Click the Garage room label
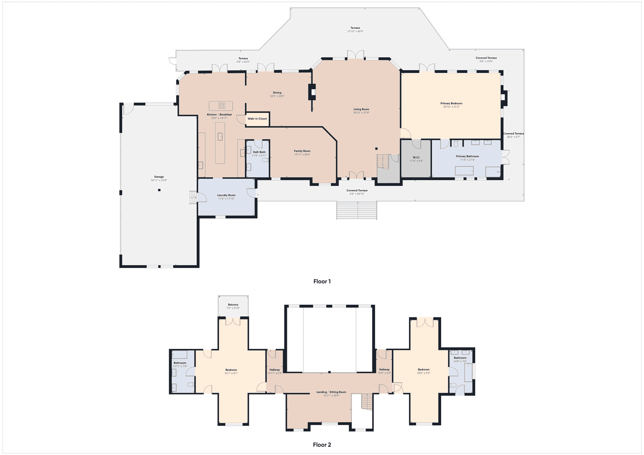click(x=159, y=177)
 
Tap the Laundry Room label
click(x=226, y=195)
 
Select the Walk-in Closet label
click(x=257, y=119)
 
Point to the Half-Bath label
click(x=259, y=152)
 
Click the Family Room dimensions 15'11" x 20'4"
click(x=302, y=154)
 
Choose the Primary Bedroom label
click(x=451, y=103)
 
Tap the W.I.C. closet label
click(x=416, y=157)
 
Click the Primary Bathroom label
click(x=467, y=156)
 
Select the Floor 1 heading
click(x=322, y=281)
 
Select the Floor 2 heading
click(x=322, y=445)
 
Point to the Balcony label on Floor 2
click(x=233, y=305)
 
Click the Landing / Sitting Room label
click(x=331, y=392)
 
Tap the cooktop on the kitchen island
click(x=222, y=106)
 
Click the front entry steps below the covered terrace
click(x=357, y=210)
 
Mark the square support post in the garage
click(x=159, y=190)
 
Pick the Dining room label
click(x=277, y=93)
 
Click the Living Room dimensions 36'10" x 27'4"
click(x=361, y=113)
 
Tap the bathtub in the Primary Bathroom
click(x=464, y=171)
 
